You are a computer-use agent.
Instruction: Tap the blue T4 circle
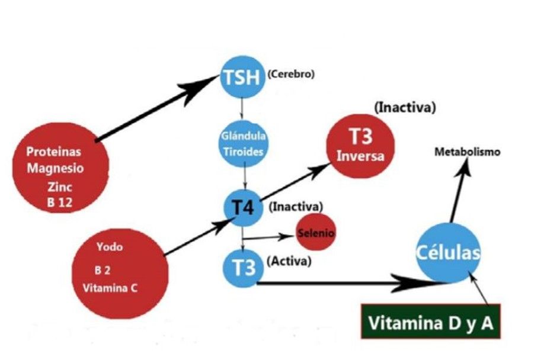[x=242, y=207]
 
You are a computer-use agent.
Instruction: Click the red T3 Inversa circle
[x=360, y=146]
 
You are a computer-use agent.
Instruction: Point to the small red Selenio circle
[x=316, y=233]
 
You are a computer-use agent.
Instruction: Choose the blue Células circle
[x=448, y=253]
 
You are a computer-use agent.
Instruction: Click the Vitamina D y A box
[x=431, y=323]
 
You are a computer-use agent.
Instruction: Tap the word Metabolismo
[x=467, y=152]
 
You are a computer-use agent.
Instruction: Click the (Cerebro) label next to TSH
[x=291, y=75]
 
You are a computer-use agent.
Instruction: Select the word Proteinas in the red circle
[x=53, y=152]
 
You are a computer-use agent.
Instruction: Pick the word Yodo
[x=109, y=247]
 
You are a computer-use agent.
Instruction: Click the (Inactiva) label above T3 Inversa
[x=405, y=108]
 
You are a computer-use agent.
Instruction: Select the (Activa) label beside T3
[x=289, y=262]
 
